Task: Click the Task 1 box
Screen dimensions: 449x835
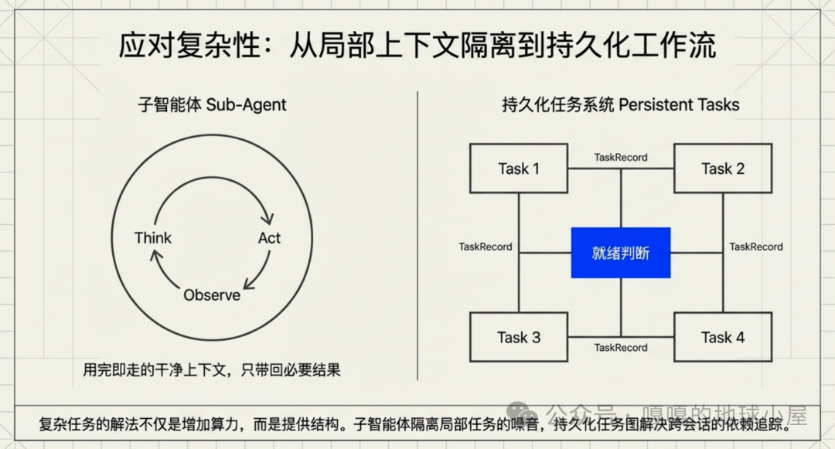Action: point(519,168)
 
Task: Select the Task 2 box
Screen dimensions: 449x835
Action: point(723,168)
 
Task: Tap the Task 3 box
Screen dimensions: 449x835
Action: point(519,338)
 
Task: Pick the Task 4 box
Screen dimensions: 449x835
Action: point(723,338)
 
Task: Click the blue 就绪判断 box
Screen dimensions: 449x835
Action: point(621,253)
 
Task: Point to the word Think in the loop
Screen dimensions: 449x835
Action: point(153,238)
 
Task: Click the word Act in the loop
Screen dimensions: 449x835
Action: point(269,238)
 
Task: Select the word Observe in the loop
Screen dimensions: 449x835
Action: point(212,295)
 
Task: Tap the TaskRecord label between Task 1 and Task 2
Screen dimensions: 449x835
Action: point(621,157)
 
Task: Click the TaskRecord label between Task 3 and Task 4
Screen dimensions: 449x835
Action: point(621,348)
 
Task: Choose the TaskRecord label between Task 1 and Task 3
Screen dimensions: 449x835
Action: point(486,247)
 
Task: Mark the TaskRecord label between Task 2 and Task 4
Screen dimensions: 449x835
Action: point(756,247)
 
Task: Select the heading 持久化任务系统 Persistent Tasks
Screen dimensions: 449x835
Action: point(621,105)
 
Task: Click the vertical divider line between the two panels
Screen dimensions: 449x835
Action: point(417,232)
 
